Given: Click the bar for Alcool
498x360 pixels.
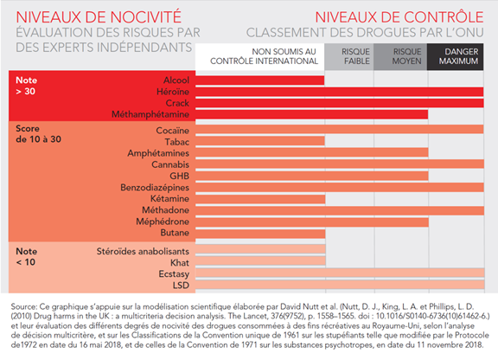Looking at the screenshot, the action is point(259,80).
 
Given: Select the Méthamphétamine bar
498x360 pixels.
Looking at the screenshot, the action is point(311,114).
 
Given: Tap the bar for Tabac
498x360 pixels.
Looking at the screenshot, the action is point(259,141).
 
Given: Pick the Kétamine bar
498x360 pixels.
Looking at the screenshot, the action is point(260,199).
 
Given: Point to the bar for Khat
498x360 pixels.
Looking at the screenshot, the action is point(260,261).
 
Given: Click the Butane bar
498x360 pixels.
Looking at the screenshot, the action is point(260,234).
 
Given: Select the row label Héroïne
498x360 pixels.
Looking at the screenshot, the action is point(173,92).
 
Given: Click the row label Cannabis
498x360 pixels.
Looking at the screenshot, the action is point(170,164).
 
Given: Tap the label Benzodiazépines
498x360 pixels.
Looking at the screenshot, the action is point(155,188).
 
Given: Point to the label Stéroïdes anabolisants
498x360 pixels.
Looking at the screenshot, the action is point(143,251).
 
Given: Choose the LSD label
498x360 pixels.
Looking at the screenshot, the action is point(181,286).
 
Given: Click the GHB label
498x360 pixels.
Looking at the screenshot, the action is point(180,176).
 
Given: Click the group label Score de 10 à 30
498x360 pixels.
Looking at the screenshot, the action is point(38,134).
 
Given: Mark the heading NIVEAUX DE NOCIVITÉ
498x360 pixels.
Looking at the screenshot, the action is point(99,17).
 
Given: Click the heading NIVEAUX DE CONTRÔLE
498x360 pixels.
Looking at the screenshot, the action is point(399,17).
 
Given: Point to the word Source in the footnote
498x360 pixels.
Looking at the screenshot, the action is point(24,306).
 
